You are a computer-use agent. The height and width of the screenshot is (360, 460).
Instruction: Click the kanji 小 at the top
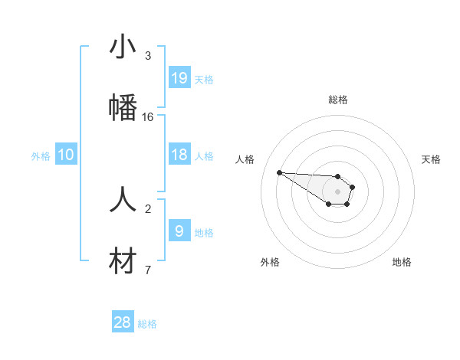click(123, 47)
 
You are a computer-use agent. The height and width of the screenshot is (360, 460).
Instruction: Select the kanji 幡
click(123, 108)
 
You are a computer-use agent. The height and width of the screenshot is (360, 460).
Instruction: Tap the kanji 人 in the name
click(123, 200)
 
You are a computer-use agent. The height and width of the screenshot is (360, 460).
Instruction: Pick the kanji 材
click(123, 261)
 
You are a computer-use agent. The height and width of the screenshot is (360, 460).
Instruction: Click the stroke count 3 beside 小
click(148, 56)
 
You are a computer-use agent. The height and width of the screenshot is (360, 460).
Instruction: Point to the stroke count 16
click(148, 117)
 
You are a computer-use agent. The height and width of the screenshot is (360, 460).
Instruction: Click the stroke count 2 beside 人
click(148, 208)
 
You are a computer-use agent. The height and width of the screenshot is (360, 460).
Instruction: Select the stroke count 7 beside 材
click(148, 270)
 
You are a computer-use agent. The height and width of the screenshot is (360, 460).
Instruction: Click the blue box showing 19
click(179, 78)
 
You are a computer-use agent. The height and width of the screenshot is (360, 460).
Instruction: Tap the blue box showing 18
click(179, 155)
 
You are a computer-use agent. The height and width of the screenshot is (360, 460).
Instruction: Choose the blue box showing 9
click(179, 231)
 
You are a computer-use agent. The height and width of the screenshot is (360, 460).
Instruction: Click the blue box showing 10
click(66, 155)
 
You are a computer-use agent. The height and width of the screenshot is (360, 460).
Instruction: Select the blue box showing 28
click(123, 322)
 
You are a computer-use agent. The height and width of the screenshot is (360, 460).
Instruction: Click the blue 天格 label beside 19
click(204, 80)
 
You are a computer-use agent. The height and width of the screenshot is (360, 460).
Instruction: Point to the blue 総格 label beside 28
click(147, 324)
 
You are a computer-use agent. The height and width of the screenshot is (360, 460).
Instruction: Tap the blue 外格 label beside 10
click(41, 156)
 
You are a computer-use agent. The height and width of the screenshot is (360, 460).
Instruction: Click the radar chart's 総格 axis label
click(338, 100)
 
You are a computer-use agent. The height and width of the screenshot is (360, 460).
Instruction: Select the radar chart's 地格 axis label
click(402, 262)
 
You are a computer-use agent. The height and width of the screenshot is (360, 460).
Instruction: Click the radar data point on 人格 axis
click(280, 172)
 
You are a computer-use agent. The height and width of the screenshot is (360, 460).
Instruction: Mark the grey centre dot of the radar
click(337, 191)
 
